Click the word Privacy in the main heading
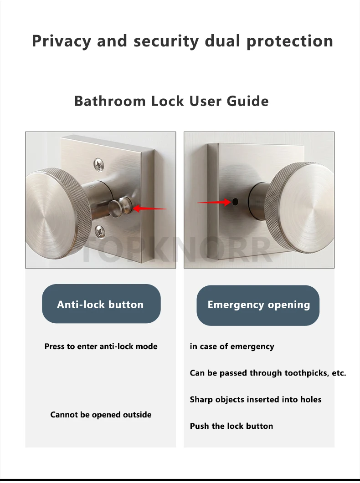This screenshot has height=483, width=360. [62, 41]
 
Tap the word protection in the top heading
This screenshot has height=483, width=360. [290, 41]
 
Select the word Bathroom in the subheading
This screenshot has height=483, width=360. [110, 101]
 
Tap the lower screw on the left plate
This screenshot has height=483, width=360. [100, 231]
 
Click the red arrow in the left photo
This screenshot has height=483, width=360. [149, 208]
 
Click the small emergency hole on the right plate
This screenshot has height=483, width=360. [235, 202]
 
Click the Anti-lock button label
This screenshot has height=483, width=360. [100, 305]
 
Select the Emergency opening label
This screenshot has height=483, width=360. [258, 305]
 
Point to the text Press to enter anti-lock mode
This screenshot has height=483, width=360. [101, 346]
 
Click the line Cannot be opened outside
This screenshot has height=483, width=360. [101, 415]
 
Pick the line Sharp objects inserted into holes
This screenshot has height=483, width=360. [256, 400]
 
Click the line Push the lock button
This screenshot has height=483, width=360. [231, 426]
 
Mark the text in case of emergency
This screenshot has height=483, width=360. [232, 346]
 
